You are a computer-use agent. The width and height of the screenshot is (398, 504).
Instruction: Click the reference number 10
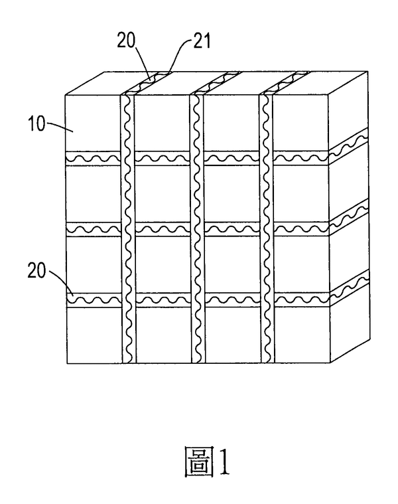click(37, 124)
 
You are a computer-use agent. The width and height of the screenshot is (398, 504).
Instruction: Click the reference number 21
click(202, 41)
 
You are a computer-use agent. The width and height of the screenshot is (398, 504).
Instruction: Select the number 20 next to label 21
click(126, 41)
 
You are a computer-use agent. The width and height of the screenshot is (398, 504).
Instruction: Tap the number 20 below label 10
click(36, 271)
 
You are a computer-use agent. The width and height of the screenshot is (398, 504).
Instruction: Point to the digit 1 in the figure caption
click(224, 462)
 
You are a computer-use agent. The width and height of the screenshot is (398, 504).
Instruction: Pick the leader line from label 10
click(60, 126)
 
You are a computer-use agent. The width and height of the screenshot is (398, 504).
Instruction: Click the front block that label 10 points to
click(92, 123)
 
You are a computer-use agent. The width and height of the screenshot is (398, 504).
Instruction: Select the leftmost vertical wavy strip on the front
click(128, 228)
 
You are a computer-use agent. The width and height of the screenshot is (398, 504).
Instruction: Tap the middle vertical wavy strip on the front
click(198, 228)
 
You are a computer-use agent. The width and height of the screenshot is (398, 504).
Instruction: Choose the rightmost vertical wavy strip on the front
click(267, 228)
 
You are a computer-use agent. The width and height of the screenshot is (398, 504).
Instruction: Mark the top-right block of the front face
click(301, 123)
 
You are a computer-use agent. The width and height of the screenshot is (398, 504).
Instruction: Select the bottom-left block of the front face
click(94, 335)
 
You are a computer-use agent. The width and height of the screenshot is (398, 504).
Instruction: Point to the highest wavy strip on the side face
click(348, 147)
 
